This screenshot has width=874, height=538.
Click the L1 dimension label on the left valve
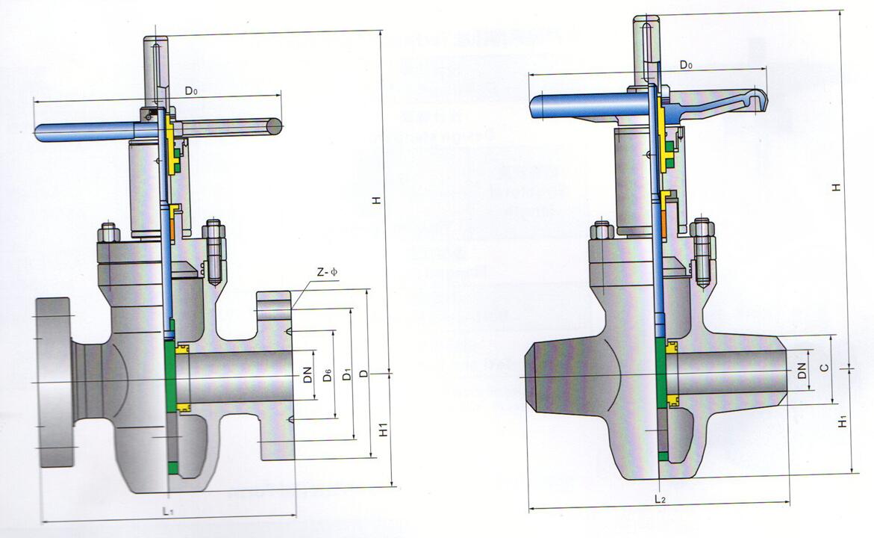[168, 511]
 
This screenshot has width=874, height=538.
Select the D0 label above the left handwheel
[192, 91]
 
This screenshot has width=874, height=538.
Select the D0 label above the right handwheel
[686, 65]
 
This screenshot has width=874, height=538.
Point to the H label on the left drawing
[378, 200]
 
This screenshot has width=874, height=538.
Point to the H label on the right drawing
[837, 187]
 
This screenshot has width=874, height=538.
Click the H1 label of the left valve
[381, 430]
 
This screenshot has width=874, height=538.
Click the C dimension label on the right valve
[823, 368]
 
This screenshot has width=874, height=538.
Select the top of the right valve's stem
[646, 21]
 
